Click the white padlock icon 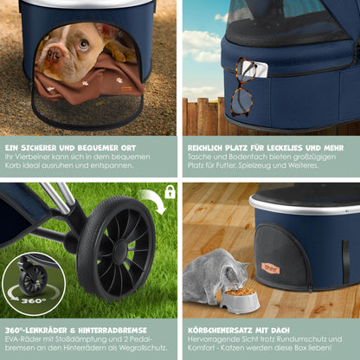170,191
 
